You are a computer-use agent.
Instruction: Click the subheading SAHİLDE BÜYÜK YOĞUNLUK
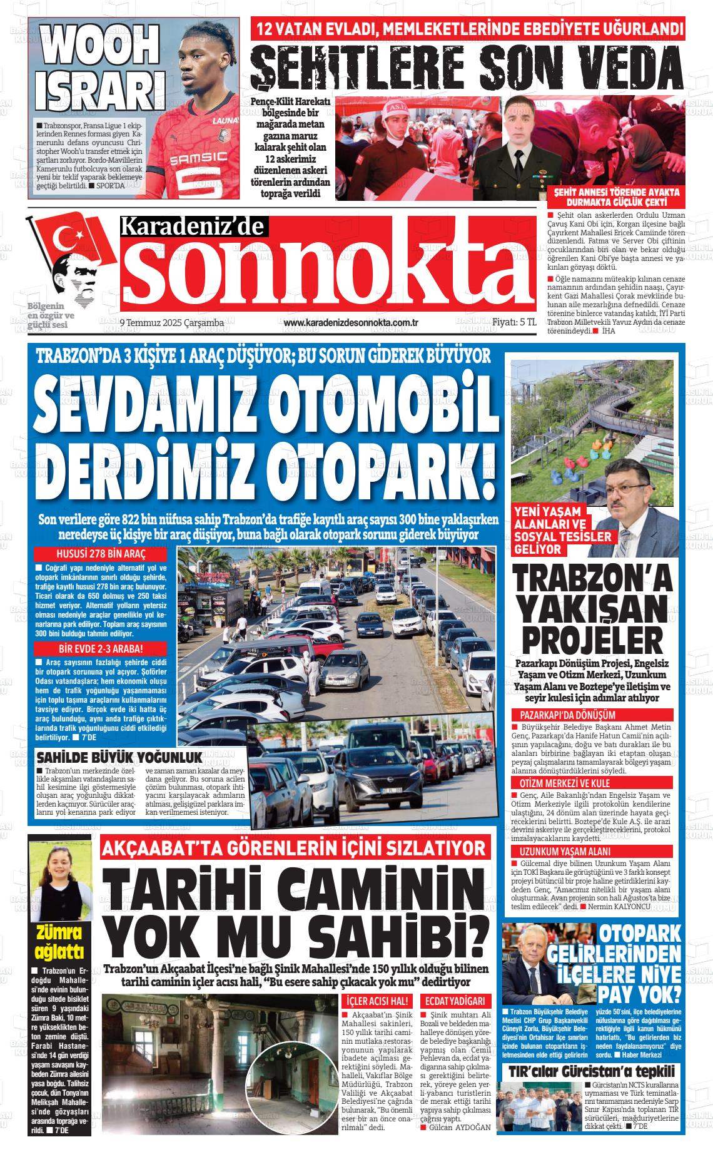click(x=120, y=756)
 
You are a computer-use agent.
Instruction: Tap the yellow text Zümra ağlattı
click(x=60, y=942)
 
